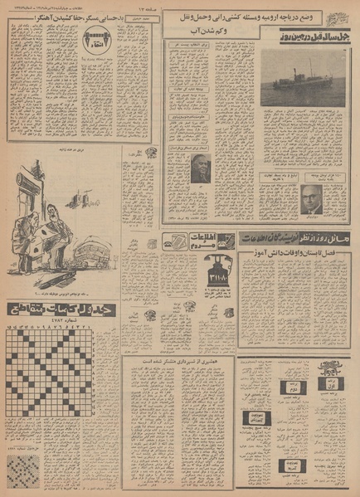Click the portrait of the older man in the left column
tap(202, 168)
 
